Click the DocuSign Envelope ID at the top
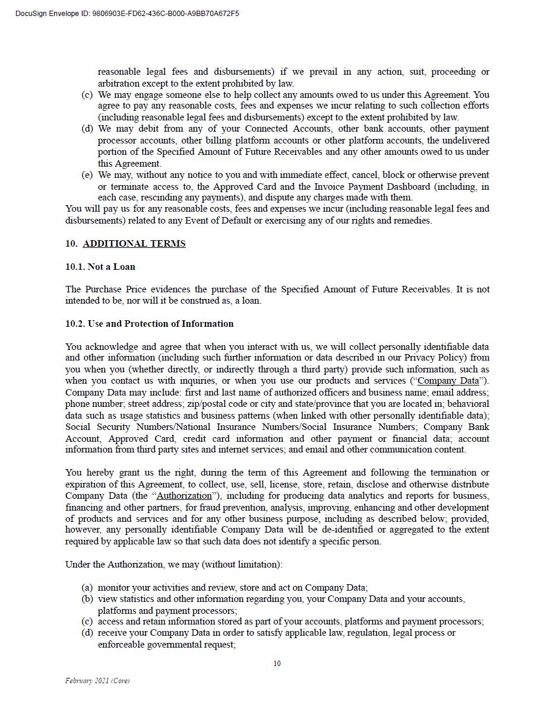click(x=127, y=14)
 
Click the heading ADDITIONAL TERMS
click(x=134, y=244)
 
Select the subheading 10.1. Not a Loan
click(x=100, y=267)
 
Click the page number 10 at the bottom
click(x=277, y=664)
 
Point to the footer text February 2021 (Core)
click(x=97, y=681)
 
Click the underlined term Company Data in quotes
click(x=448, y=381)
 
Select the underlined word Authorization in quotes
click(x=183, y=496)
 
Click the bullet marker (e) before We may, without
click(x=87, y=175)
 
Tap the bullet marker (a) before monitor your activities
click(x=87, y=588)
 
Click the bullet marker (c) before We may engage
click(x=87, y=95)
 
